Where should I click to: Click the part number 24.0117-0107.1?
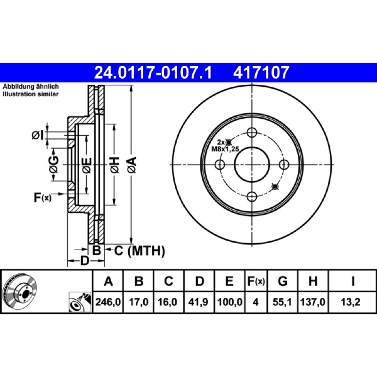(153, 73)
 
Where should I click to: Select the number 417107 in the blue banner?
(261, 73)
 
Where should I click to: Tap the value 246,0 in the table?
(108, 302)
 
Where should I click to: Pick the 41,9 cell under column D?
(198, 302)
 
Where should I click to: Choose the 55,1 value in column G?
(282, 302)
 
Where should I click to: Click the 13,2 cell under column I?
(351, 302)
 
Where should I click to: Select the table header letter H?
(313, 281)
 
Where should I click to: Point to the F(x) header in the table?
(256, 281)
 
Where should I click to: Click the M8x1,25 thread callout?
(225, 149)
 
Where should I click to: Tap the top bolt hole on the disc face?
(252, 132)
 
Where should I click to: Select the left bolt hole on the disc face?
(220, 164)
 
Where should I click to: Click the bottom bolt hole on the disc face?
(252, 197)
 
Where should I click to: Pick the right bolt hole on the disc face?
(284, 164)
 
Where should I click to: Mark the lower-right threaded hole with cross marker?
(275, 186)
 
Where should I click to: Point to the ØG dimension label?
(54, 164)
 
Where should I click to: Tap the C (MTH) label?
(139, 251)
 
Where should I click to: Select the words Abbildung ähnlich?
(31, 87)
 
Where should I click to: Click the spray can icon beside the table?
(80, 302)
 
